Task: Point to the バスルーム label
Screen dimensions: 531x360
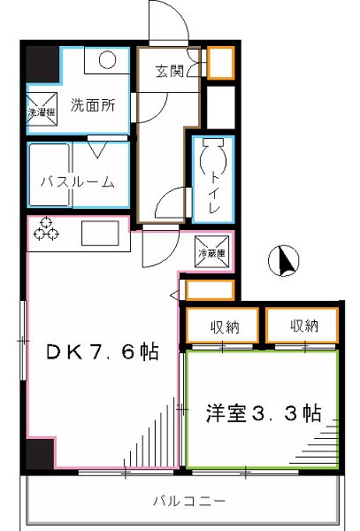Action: (x=78, y=182)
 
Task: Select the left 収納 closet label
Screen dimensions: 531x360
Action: (x=224, y=327)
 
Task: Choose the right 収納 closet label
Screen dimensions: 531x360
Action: (x=303, y=327)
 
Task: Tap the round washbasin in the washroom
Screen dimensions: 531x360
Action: (x=107, y=61)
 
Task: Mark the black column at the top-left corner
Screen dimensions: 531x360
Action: (x=40, y=64)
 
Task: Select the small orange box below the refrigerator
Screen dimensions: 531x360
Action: (x=210, y=290)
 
